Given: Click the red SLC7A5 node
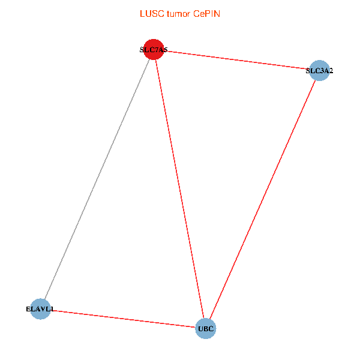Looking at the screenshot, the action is [x=154, y=49].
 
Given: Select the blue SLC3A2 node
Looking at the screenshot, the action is [x=319, y=70].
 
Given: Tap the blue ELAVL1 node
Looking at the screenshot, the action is [x=40, y=309].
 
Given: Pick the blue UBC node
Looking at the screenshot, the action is [x=206, y=329].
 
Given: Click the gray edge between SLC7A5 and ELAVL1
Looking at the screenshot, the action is [x=97, y=179].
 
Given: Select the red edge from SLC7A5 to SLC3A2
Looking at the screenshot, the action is [x=236, y=60].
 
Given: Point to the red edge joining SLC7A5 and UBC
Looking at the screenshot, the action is [x=179, y=189].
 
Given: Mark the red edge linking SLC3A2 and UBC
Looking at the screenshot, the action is [x=263, y=200].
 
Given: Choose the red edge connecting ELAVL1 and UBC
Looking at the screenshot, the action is [x=123, y=319].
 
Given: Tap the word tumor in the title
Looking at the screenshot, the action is [x=179, y=14].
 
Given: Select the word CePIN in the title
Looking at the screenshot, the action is [x=206, y=14].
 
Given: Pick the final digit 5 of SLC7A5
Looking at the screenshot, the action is [x=166, y=50].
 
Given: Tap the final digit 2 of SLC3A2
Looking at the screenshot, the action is [x=331, y=71].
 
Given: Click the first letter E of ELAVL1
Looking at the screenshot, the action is [x=28, y=309].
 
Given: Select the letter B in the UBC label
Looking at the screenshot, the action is [x=206, y=329].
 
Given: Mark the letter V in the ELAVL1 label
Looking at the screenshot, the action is [x=41, y=309].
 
